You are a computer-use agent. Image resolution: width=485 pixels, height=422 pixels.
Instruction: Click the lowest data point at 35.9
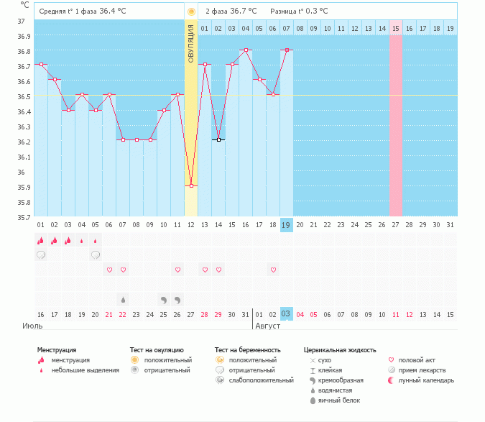click(x=191, y=186)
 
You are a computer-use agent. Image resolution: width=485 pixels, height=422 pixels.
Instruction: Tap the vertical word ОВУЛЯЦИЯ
click(x=191, y=44)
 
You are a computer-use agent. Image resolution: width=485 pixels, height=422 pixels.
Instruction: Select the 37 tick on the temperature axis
click(x=22, y=22)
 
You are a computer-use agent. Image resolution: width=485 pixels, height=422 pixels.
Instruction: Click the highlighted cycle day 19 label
click(x=286, y=225)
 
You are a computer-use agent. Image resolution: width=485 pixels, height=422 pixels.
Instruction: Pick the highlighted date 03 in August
click(x=286, y=314)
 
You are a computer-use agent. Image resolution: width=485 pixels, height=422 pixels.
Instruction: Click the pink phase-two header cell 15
click(x=395, y=28)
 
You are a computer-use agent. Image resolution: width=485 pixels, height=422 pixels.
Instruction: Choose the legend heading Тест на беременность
click(x=247, y=350)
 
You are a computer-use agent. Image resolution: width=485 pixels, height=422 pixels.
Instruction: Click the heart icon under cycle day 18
click(x=273, y=270)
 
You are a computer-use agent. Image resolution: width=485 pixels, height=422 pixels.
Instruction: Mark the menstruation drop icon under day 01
click(x=41, y=240)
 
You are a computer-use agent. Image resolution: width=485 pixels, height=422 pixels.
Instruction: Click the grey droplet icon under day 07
click(x=123, y=299)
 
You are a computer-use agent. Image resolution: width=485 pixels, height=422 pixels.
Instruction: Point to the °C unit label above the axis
click(x=25, y=5)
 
